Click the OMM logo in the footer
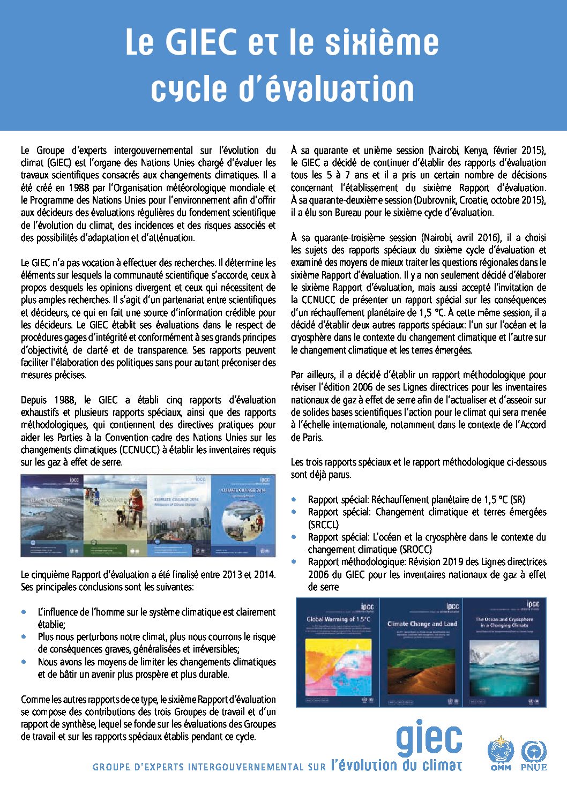tap(501, 754)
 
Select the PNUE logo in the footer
tap(534, 754)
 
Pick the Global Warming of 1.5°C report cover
tap(338, 652)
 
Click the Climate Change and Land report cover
tap(421, 652)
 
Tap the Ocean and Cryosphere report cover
tap(504, 652)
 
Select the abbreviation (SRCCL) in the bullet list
tap(323, 524)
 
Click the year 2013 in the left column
tap(232, 575)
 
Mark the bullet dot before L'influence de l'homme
tap(24, 612)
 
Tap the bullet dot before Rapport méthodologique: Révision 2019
tap(294, 562)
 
